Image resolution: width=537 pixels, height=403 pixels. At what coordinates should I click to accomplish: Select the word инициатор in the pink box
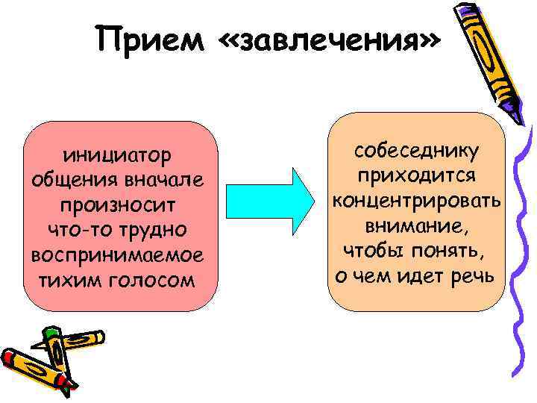pyautogui.click(x=119, y=156)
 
